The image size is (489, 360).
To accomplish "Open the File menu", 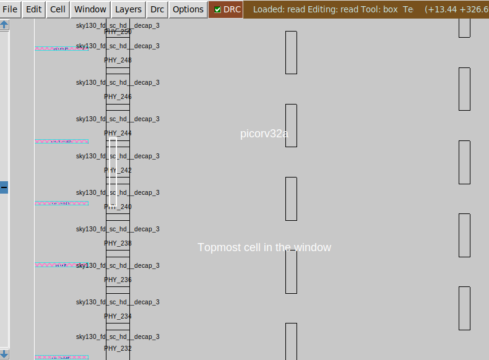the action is pyautogui.click(x=11, y=9).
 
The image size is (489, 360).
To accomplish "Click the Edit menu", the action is pyautogui.click(x=33, y=9).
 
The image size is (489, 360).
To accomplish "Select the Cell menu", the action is pyautogui.click(x=58, y=9).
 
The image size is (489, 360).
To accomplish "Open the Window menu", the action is pyautogui.click(x=90, y=9).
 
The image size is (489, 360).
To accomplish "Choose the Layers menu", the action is pyautogui.click(x=128, y=9).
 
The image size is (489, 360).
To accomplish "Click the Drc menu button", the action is pyautogui.click(x=157, y=9).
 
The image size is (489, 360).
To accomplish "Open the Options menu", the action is pyautogui.click(x=188, y=9).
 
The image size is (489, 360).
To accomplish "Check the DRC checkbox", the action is pyautogui.click(x=217, y=9).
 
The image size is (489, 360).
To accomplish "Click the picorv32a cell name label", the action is pyautogui.click(x=264, y=134).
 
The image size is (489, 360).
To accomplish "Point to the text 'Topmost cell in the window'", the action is pyautogui.click(x=264, y=247).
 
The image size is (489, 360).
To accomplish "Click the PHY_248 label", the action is pyautogui.click(x=118, y=60).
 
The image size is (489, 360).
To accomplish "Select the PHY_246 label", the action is pyautogui.click(x=118, y=96).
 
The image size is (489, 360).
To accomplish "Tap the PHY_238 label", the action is pyautogui.click(x=118, y=243).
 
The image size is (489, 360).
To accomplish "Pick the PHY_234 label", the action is pyautogui.click(x=118, y=316).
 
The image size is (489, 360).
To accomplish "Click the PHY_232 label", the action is pyautogui.click(x=118, y=348).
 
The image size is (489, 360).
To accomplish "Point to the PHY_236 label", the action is pyautogui.click(x=118, y=280).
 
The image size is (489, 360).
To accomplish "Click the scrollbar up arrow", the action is pyautogui.click(x=4, y=25).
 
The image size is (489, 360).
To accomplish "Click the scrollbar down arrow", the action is pyautogui.click(x=4, y=354).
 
